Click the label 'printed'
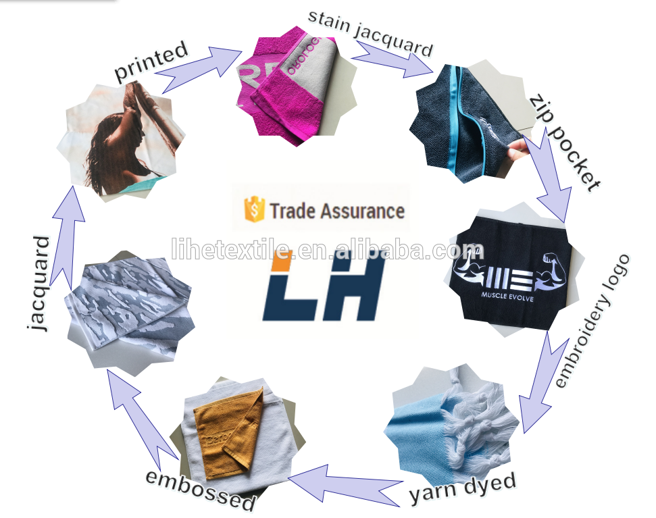coord(151,62)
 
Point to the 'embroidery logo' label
coord(592,321)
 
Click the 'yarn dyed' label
coord(463,488)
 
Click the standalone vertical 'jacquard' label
coord(41,284)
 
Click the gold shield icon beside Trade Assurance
coord(254,210)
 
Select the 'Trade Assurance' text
coord(337,211)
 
